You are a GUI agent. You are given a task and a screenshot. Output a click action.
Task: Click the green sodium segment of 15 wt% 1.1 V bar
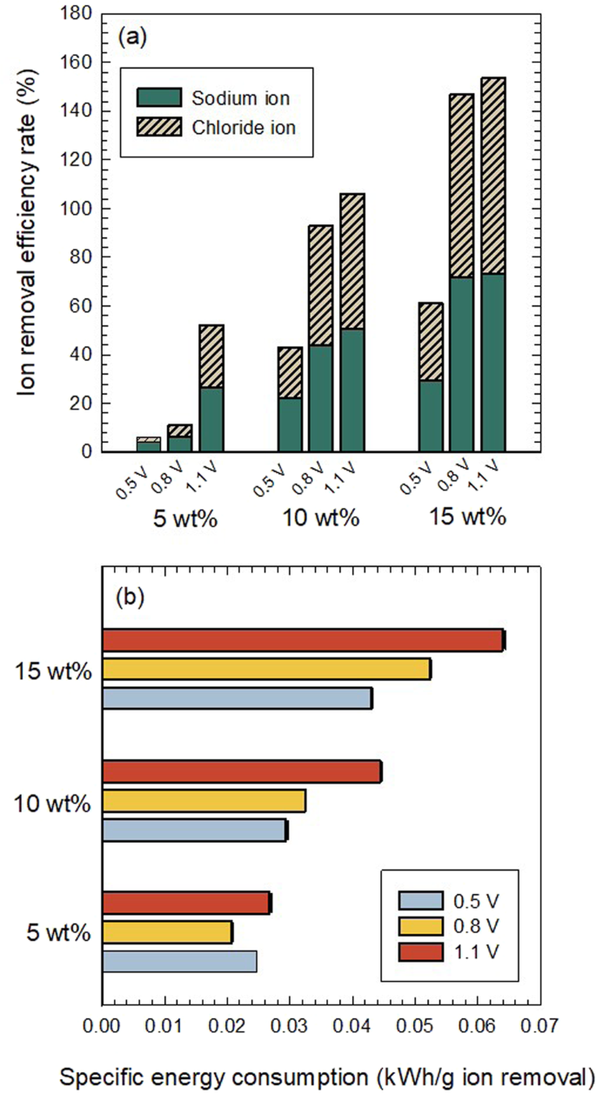[x=493, y=363]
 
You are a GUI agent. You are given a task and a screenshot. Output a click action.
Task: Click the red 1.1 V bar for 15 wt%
[x=303, y=640]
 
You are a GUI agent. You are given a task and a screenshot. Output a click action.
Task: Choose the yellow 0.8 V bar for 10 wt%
[x=204, y=800]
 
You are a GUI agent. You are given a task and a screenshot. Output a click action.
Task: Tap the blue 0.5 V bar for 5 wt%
[x=179, y=961]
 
